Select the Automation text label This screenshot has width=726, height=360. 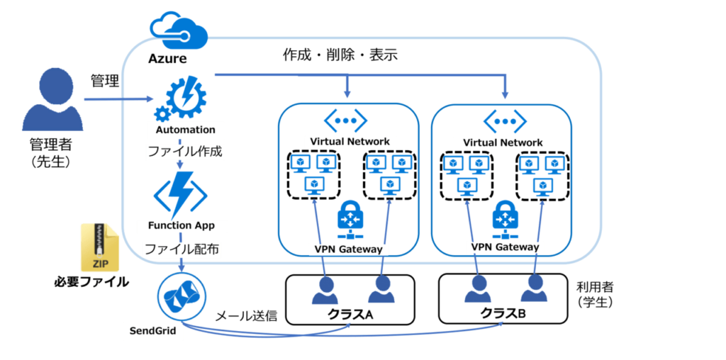click(185, 130)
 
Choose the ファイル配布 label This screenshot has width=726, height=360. click(181, 249)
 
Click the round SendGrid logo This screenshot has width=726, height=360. click(181, 296)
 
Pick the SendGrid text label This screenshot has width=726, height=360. click(152, 330)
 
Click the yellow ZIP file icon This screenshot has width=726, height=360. click(101, 247)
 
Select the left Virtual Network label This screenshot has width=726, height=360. click(349, 141)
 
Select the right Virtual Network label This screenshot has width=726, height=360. click(503, 142)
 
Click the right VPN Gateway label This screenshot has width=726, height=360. click(504, 247)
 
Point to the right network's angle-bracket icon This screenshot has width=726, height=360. click(503, 119)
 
